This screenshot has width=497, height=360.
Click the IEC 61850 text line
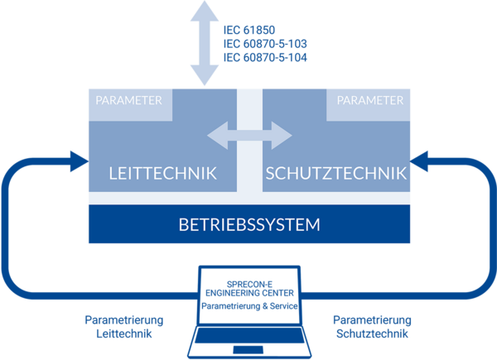pyautogui.click(x=248, y=30)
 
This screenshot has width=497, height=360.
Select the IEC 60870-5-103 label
pyautogui.click(x=265, y=44)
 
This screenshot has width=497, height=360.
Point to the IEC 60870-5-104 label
pyautogui.click(x=265, y=57)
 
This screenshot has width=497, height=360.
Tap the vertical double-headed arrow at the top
pyautogui.click(x=201, y=41)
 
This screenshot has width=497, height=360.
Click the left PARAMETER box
pyautogui.click(x=131, y=101)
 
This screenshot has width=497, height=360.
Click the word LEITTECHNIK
pyautogui.click(x=163, y=174)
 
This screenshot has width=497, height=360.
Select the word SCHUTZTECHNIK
pyautogui.click(x=335, y=174)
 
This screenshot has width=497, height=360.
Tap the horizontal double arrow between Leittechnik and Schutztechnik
pyautogui.click(x=249, y=134)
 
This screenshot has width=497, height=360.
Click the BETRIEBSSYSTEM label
pyautogui.click(x=249, y=224)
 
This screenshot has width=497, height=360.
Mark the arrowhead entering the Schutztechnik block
pyautogui.click(x=418, y=158)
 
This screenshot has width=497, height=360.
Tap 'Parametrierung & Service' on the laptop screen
pyautogui.click(x=249, y=305)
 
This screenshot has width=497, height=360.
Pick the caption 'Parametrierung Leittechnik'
pyautogui.click(x=125, y=326)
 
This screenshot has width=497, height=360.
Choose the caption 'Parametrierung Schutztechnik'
pyautogui.click(x=372, y=326)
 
